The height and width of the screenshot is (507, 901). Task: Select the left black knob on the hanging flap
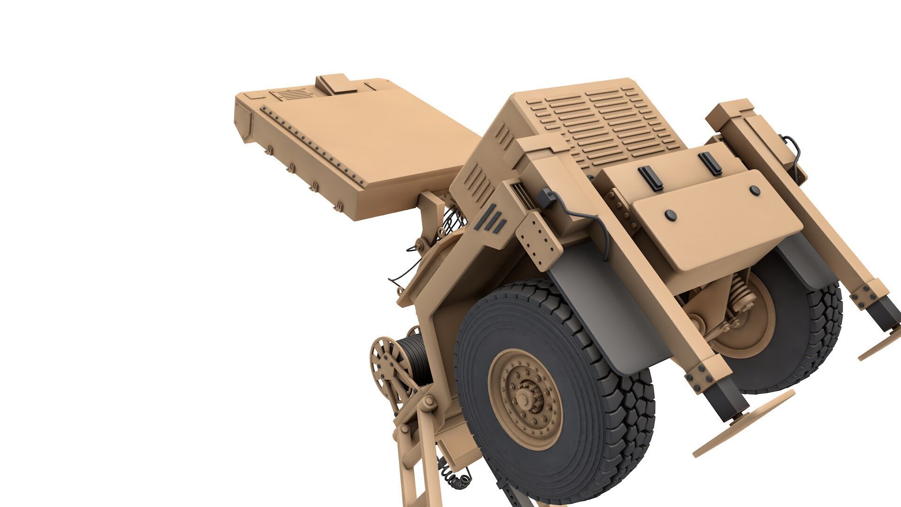tap(671, 215)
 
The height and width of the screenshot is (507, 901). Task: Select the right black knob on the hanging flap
tap(755, 190)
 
